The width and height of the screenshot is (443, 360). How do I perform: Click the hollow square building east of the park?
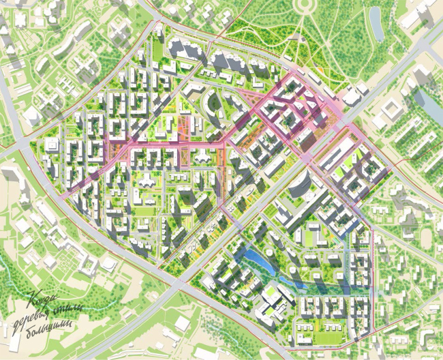(396, 109)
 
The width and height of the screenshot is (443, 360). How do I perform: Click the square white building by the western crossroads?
(51, 145)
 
